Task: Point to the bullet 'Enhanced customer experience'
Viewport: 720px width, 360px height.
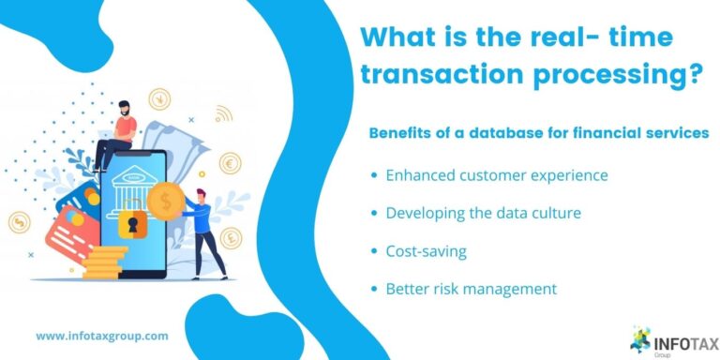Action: [x=496, y=175]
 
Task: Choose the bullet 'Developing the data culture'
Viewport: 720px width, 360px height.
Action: [x=483, y=213]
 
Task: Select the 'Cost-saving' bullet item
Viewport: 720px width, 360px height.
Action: [x=427, y=251]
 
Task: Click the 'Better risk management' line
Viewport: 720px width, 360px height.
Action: [x=471, y=289]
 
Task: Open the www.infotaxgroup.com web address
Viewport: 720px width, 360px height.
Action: [x=102, y=335]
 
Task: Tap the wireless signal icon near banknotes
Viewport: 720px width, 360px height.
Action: [x=223, y=114]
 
